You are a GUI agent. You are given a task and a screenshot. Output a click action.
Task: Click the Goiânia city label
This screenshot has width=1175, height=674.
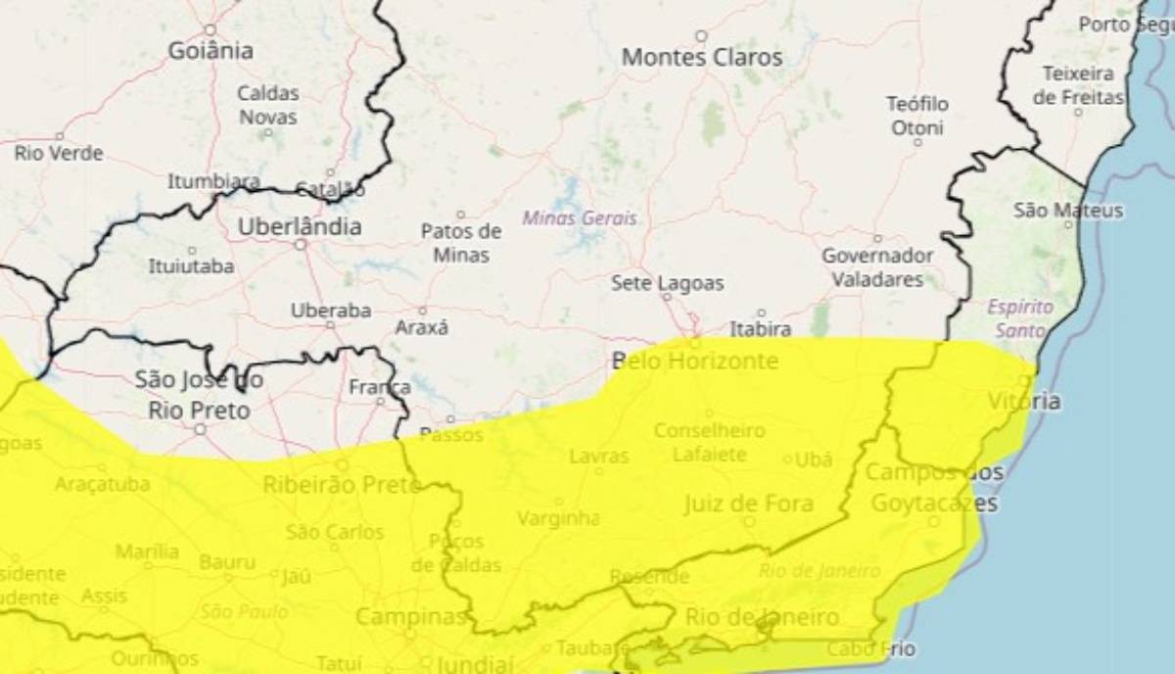click(211, 51)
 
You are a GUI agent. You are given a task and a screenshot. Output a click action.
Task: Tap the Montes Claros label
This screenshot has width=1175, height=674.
click(702, 58)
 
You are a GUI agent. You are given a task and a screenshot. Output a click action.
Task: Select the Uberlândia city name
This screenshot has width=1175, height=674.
click(300, 227)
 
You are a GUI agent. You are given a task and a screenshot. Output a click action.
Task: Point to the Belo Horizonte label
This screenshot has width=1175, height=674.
click(695, 361)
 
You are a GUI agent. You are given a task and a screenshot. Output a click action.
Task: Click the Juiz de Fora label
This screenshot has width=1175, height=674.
click(748, 505)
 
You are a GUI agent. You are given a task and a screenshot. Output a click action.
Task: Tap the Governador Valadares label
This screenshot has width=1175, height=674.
click(877, 267)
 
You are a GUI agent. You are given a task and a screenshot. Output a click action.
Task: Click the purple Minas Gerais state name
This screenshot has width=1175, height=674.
click(580, 218)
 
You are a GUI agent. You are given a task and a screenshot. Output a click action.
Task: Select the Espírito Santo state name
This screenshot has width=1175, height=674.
click(1020, 318)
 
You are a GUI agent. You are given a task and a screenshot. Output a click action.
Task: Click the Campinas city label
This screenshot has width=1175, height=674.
click(410, 617)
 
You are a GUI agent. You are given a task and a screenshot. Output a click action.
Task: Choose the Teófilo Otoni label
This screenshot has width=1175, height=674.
click(917, 116)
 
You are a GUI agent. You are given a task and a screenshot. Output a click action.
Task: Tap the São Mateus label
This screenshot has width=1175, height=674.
click(1068, 211)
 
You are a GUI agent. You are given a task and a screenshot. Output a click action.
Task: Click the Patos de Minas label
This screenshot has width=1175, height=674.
click(460, 243)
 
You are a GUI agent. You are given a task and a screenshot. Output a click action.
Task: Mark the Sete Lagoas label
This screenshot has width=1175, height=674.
click(668, 283)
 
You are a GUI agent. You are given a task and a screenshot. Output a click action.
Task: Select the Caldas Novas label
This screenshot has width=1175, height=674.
click(268, 105)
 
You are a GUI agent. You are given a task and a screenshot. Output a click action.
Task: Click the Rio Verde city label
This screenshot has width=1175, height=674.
click(59, 154)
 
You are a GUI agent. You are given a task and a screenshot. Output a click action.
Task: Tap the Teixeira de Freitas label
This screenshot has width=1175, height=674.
click(1078, 85)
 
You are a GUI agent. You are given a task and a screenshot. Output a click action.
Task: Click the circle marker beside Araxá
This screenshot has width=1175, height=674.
click(423, 311)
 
